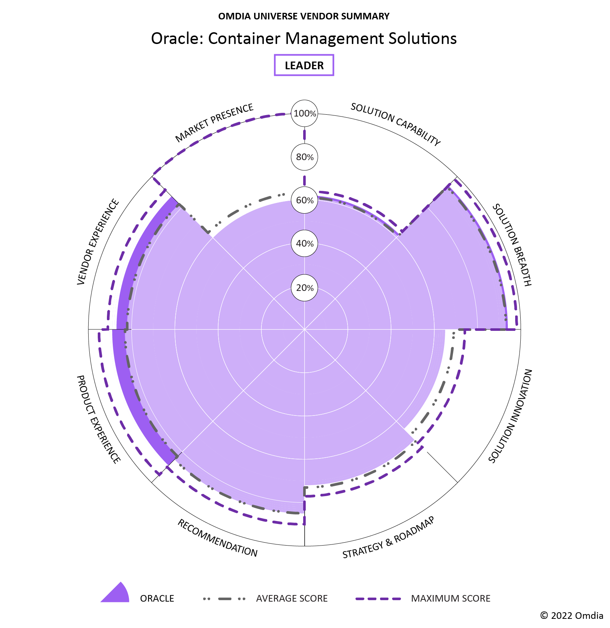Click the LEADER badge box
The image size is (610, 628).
click(x=304, y=65)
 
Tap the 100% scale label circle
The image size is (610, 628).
click(x=305, y=114)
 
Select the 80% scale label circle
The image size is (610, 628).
click(x=305, y=157)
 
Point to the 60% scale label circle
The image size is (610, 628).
click(x=305, y=200)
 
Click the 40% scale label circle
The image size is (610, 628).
click(x=305, y=244)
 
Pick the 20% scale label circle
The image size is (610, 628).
click(x=305, y=288)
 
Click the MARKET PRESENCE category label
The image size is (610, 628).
click(x=214, y=123)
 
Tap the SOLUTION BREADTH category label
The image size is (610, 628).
click(x=512, y=245)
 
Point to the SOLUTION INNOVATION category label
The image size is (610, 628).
click(x=510, y=416)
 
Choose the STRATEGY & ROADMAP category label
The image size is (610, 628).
click(x=388, y=538)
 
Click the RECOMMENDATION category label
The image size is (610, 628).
click(x=217, y=538)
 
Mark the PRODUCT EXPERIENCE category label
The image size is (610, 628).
click(x=98, y=419)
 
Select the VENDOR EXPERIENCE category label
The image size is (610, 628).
click(x=98, y=242)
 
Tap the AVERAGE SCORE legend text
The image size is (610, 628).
click(x=292, y=599)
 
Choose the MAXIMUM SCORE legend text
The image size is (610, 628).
click(x=450, y=599)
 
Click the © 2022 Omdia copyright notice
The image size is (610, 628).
click(x=572, y=616)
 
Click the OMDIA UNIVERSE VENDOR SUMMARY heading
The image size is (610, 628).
click(x=304, y=16)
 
